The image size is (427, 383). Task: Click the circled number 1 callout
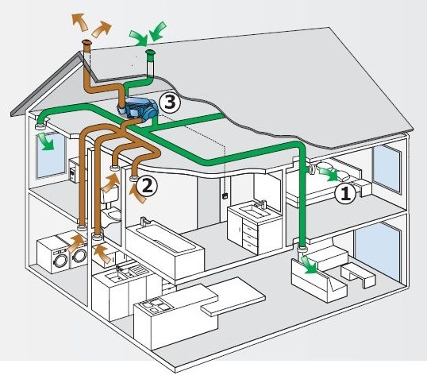coord(345,194)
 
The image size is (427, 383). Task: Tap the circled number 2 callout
coord(147,187)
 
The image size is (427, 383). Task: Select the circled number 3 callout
coord(170,103)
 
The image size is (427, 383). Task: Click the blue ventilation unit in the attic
coord(138,109)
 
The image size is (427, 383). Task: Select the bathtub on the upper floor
coord(165,250)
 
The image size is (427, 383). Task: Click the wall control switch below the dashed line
coord(225,195)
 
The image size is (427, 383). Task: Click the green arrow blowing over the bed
coord(329,174)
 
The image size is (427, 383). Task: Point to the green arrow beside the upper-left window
coord(46,141)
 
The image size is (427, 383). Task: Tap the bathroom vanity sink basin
coord(252,210)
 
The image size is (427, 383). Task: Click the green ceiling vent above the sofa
coord(302,249)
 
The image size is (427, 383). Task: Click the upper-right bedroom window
coord(387,169)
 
